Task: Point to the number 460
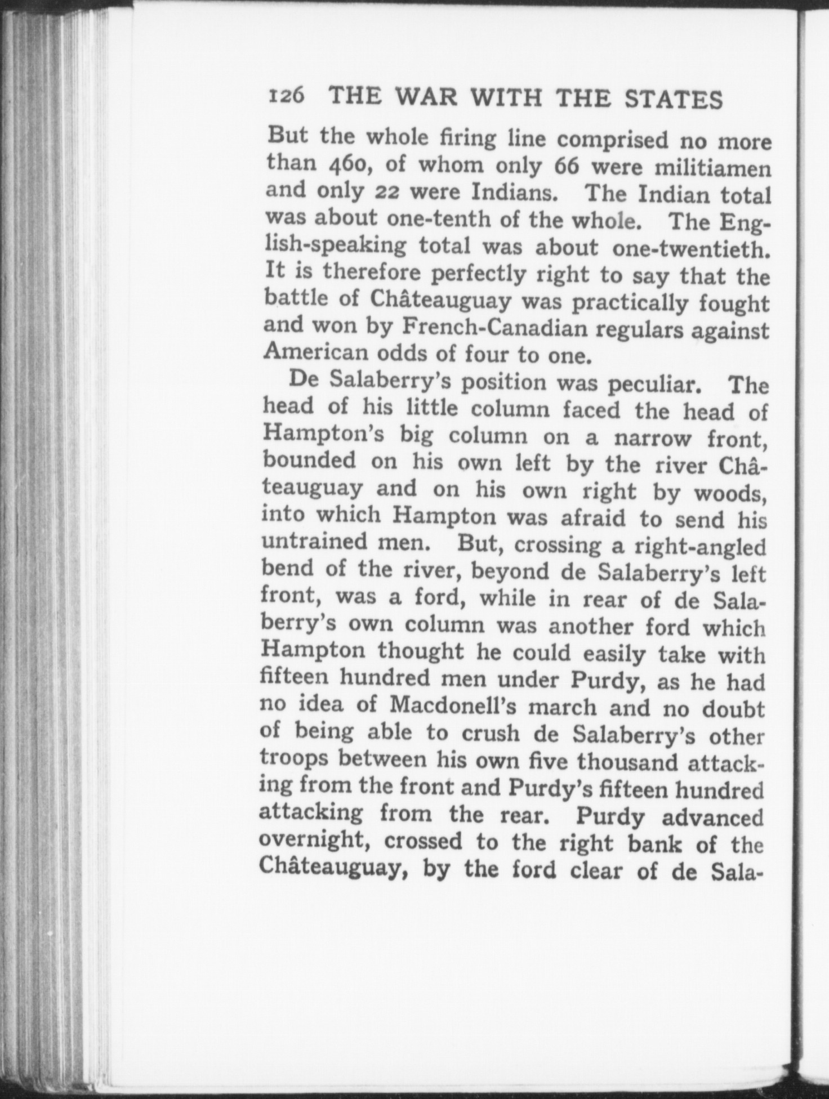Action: point(349,164)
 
